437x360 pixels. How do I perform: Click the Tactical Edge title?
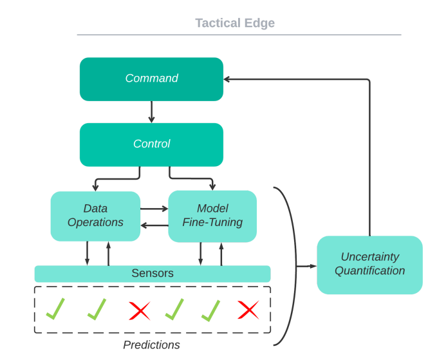(235, 23)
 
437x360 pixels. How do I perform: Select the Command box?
(151, 79)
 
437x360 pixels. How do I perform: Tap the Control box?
(151, 145)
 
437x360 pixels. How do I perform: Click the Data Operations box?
(95, 216)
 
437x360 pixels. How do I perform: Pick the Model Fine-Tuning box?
(212, 216)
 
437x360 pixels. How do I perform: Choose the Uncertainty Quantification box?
(369, 265)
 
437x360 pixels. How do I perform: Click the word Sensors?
(153, 273)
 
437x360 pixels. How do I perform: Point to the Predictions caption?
(151, 345)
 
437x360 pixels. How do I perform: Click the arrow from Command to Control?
(151, 112)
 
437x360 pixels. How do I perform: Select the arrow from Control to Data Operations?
(117, 179)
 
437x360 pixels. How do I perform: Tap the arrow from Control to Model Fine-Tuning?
(191, 178)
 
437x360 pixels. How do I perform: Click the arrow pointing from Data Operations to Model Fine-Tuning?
(154, 208)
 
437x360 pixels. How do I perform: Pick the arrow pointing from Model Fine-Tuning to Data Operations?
(154, 225)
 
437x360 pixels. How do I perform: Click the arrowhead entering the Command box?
(227, 79)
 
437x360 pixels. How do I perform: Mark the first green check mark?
(55, 308)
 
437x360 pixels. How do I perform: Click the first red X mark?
(140, 310)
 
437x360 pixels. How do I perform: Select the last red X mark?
(248, 310)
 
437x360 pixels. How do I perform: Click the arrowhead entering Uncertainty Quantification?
(313, 266)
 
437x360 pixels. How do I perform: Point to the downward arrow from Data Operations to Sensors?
(88, 253)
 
